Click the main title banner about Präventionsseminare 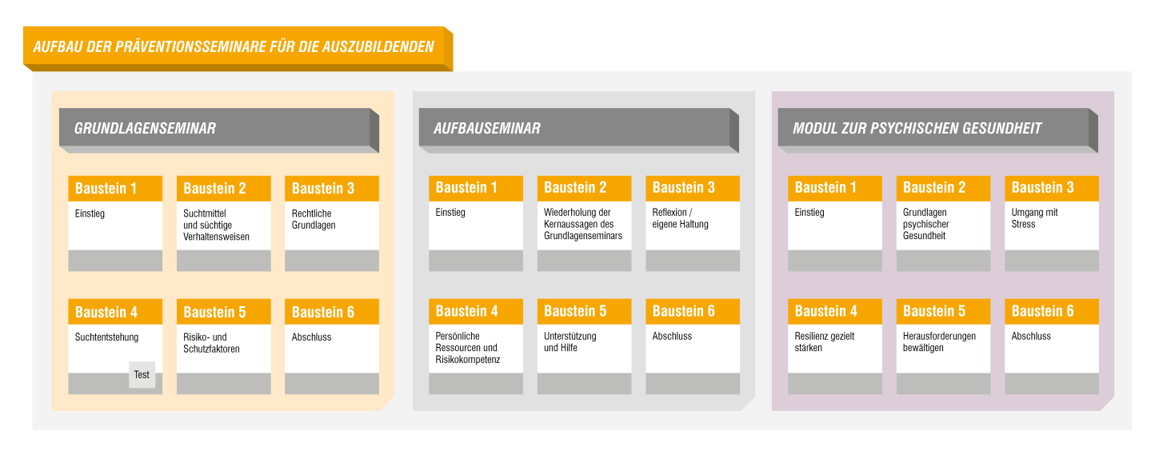(234, 46)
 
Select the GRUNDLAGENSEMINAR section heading (145, 128)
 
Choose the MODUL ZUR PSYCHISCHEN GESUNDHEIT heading (917, 128)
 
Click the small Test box (142, 375)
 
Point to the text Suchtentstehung (106, 337)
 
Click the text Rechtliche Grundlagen (314, 219)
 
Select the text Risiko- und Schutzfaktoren (211, 343)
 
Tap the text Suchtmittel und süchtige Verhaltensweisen (216, 226)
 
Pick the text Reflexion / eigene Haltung (680, 218)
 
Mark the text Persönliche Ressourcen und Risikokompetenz (467, 348)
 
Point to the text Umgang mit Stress (1034, 218)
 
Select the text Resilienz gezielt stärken (824, 342)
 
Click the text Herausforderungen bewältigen (939, 342)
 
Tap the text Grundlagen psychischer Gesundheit (925, 224)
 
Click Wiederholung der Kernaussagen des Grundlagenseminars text (582, 224)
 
